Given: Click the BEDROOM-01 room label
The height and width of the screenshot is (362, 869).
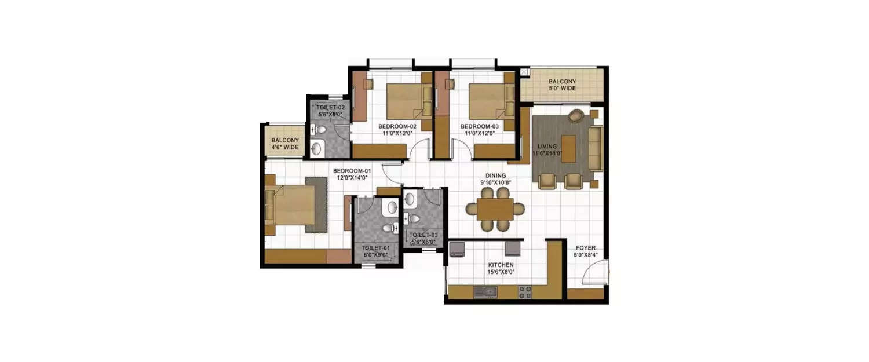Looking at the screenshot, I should coord(352,171).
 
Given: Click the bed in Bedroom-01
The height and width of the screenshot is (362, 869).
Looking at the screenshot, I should coord(293,205).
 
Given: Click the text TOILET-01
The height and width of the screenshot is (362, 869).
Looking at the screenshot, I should coord(377,248).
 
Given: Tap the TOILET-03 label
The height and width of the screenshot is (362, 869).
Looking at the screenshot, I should coord(423,235).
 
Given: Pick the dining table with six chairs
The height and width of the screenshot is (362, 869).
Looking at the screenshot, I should coord(495,209).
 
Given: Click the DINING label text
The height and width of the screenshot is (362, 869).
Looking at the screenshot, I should coord(495,175).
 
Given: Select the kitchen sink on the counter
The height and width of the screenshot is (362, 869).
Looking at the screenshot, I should coord(484,292).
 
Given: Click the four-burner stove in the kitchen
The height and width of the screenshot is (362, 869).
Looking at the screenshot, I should coord(525,292).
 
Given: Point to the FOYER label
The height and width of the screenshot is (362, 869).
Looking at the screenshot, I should coord(585,248).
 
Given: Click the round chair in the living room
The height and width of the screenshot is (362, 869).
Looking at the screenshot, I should coord(576,116).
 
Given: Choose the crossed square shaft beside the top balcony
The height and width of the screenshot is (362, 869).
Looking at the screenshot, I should coord(524,72).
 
